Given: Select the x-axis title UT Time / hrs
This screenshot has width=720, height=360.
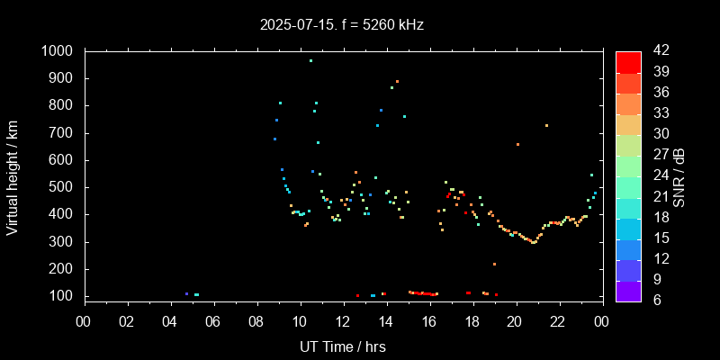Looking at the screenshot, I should coord(343,346).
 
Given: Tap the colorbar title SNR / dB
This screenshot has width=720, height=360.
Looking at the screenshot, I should coord(679,176).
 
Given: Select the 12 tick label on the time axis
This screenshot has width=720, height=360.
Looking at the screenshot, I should coord(343,321).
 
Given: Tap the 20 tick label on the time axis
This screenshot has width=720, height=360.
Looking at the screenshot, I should coord(515,321).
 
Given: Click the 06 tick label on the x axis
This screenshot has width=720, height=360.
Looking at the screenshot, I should coord(214,321).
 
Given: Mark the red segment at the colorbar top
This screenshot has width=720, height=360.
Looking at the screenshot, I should coord(628,61).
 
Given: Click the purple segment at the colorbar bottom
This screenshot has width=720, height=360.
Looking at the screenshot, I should coord(628,290).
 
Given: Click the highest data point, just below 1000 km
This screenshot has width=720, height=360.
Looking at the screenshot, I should coord(310,60).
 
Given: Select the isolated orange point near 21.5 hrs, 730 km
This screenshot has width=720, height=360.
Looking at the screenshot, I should coord(546,125).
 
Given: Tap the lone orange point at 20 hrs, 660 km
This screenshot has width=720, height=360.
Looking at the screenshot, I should coord(517,144).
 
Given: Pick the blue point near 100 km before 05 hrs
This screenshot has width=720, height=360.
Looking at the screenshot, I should coord(186,293).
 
